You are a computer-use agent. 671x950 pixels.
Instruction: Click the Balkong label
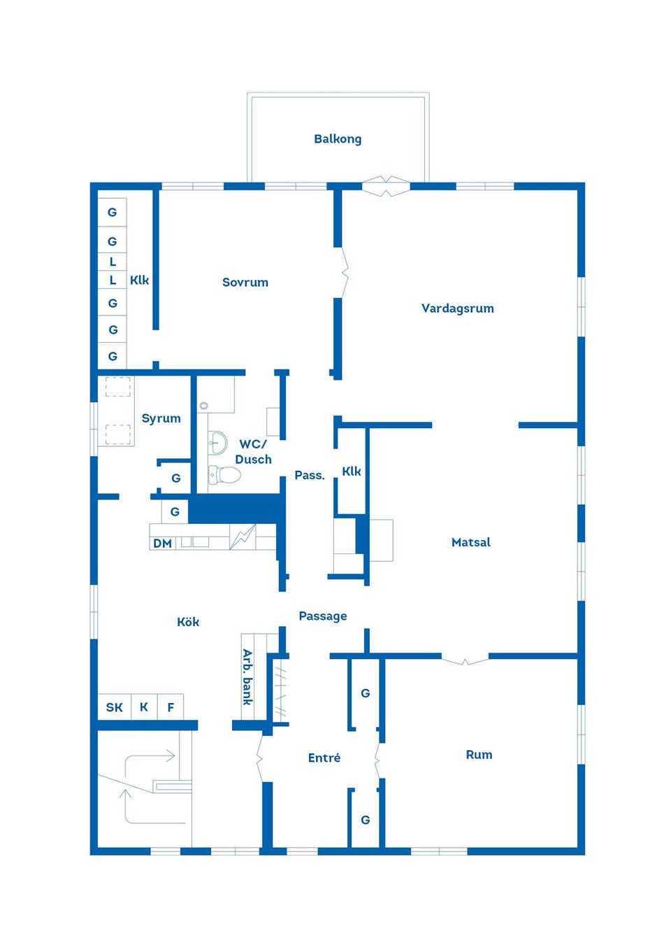coord(338,139)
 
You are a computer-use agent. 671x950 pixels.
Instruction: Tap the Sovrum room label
coord(245,282)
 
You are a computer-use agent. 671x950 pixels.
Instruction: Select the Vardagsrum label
coord(458,309)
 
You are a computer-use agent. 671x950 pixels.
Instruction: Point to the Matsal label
coord(470,542)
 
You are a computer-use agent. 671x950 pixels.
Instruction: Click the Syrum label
coord(161,418)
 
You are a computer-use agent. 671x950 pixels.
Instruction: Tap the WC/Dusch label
coord(253,452)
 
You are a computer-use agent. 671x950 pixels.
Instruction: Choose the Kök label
coord(188,622)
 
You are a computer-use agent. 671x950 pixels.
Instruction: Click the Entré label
coord(324,758)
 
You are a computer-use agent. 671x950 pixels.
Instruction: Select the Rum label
coord(479,755)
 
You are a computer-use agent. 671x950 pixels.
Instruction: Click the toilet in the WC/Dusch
coord(224,474)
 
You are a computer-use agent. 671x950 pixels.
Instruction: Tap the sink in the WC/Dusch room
coord(218,442)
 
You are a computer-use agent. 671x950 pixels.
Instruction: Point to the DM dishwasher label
coord(163,544)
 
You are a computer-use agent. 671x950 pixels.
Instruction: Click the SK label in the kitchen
coord(115,707)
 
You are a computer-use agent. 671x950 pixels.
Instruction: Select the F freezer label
coord(171,707)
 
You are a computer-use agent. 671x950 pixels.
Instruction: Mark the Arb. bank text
coord(248,677)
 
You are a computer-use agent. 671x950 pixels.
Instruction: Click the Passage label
coord(323,616)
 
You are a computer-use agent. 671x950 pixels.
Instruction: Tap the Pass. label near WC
coord(310,476)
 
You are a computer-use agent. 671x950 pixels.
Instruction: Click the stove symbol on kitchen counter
coord(243,537)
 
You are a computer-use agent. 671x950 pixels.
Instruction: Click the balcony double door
coord(386,186)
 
